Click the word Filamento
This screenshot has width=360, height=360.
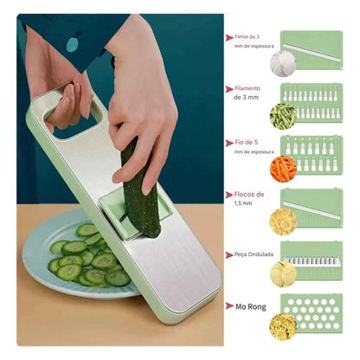pos(249,88)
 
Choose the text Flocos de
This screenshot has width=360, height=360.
pos(248,196)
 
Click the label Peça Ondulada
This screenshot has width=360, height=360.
pos(254,254)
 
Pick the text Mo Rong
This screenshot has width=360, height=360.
pos(250,305)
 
